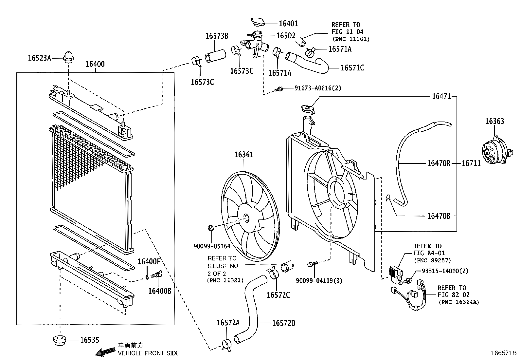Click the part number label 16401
(288, 24)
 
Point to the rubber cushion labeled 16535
(59, 340)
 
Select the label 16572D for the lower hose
(283, 323)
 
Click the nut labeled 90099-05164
(211, 228)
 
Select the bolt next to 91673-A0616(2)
(279, 88)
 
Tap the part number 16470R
(439, 163)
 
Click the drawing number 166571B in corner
(503, 353)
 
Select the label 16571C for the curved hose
(352, 68)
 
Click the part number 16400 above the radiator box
(95, 64)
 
